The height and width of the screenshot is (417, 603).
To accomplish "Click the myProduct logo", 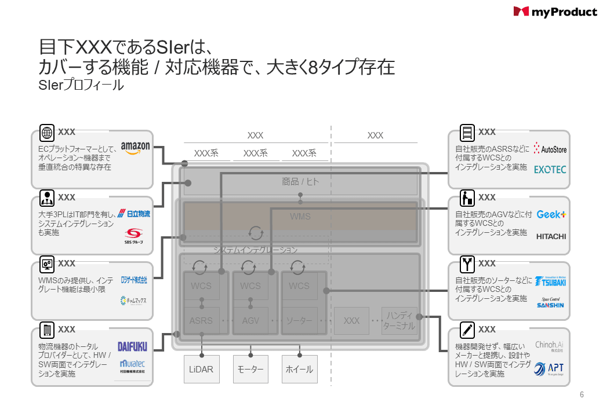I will pos(555,12).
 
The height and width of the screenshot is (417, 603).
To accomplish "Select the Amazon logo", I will pos(136,148).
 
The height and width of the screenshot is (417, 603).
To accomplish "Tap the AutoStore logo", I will pos(550,149).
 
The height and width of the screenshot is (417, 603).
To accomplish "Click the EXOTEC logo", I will pos(550,170).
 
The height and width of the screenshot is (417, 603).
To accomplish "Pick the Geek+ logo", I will pos(550,214).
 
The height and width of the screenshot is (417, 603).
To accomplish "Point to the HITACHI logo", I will pos(551,236).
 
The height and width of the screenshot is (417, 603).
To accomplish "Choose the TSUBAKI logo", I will pos(550,281).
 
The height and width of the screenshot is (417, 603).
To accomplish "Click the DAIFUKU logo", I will pos(133,346).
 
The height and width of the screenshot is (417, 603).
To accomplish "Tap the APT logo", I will pos(548,368).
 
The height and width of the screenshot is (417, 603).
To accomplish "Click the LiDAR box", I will pos(201,370).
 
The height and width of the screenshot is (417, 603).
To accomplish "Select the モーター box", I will pos(250,370).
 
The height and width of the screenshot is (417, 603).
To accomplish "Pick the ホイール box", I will pos(300,370).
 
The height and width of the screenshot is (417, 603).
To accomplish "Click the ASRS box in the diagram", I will pos(201,320).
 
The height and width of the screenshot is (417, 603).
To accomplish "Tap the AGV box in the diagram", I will pos(250,320).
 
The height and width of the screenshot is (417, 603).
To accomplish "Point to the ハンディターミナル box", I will pos(399,320).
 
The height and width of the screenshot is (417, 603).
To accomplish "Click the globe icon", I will pos(47,133).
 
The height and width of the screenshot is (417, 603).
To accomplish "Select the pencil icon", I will pos(467,330).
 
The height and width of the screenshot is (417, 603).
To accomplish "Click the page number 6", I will pos(582,395).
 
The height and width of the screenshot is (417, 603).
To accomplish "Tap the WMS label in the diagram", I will pos(300,217).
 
